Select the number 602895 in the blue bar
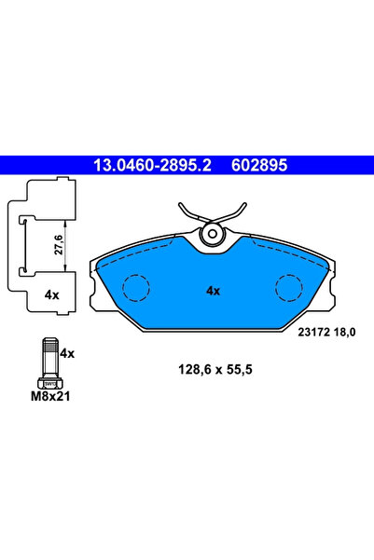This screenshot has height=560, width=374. pyautogui.click(x=255, y=165)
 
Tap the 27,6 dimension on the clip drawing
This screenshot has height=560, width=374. pyautogui.click(x=55, y=245)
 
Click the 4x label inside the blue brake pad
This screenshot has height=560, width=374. pyautogui.click(x=213, y=291)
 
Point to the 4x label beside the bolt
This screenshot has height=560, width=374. pyautogui.click(x=67, y=354)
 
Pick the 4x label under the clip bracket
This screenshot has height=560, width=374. pyautogui.click(x=52, y=294)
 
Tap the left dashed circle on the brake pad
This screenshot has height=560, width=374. pyautogui.click(x=137, y=288)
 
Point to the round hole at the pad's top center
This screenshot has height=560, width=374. pyautogui.click(x=213, y=234)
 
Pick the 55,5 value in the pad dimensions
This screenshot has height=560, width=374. pyautogui.click(x=238, y=369)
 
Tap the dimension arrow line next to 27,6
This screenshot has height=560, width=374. pyautogui.click(x=64, y=245)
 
